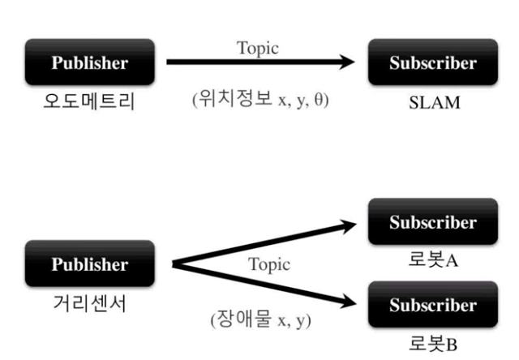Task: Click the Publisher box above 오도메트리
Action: point(90,62)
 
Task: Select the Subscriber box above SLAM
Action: point(432,62)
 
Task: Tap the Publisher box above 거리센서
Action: point(90,264)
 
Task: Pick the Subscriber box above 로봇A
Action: point(432,221)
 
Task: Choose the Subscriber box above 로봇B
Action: point(432,305)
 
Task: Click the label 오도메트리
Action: point(90,103)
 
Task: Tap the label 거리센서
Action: point(90,305)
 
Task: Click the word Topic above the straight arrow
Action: point(258,48)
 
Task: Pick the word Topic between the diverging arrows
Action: point(269,264)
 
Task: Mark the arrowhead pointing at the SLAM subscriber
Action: point(347,62)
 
